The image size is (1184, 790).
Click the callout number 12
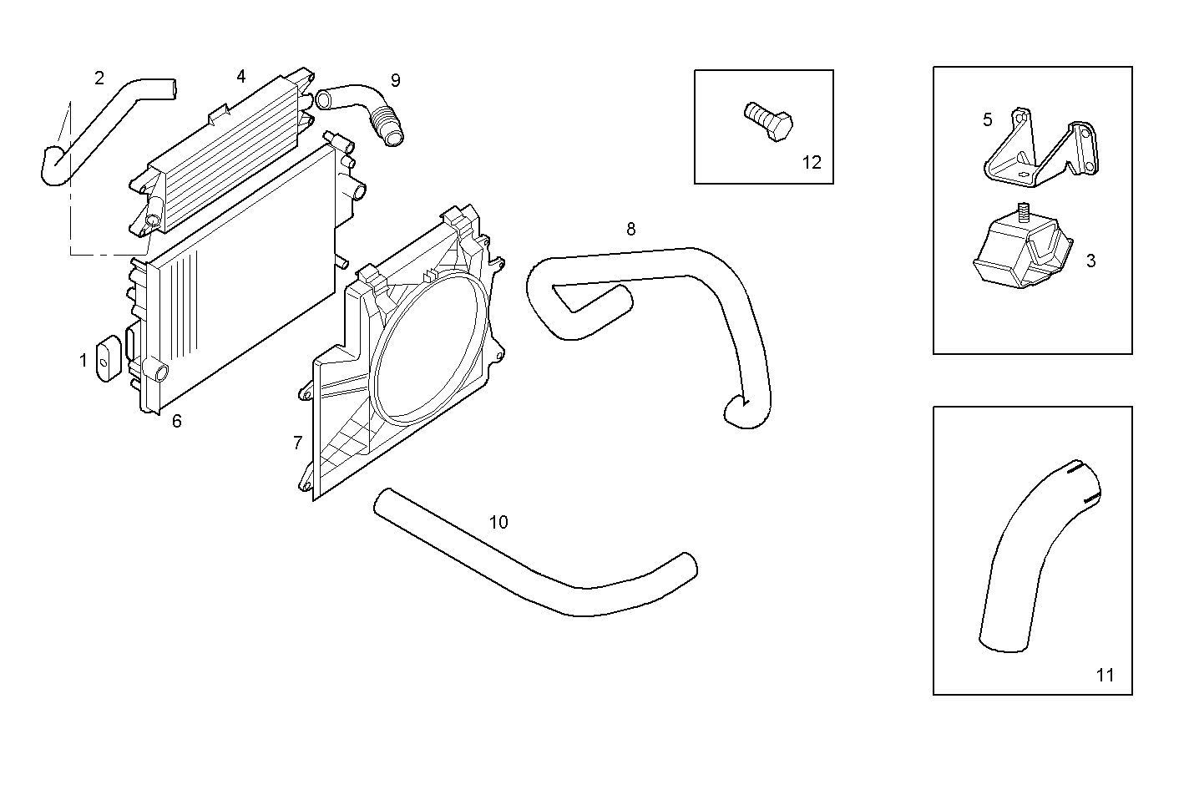(812, 163)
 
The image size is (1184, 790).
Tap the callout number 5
(987, 119)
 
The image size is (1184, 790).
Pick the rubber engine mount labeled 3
(1023, 251)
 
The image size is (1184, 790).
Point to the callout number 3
(1090, 261)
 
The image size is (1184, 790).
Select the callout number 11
(1105, 676)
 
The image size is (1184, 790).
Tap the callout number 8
(630, 228)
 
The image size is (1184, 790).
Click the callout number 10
(498, 522)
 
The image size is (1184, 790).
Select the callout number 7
(297, 443)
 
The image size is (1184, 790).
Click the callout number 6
(176, 421)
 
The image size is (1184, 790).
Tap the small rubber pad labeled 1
(108, 359)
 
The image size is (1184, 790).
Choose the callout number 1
(83, 361)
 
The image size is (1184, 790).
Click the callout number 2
(99, 78)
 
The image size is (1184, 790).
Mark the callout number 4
(240, 76)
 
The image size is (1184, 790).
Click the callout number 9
(395, 80)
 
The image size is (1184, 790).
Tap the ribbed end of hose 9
(385, 125)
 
